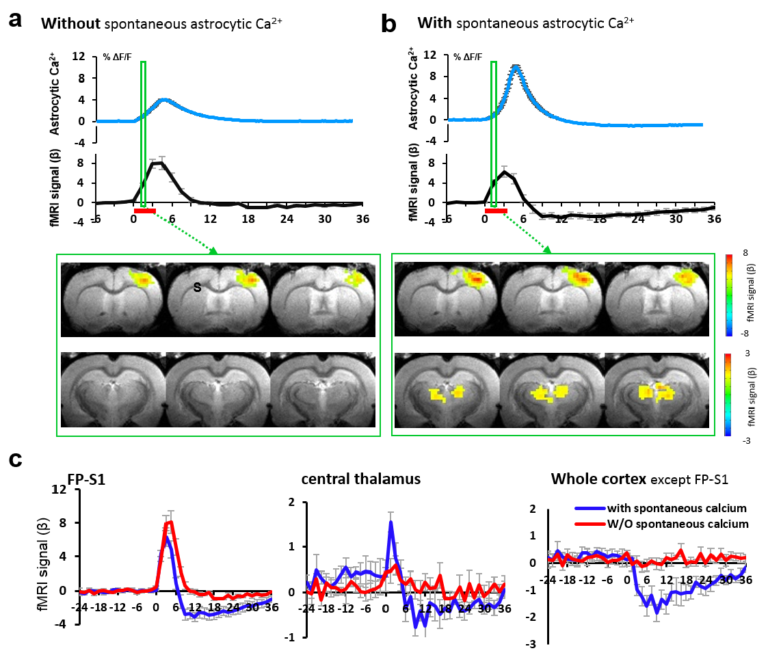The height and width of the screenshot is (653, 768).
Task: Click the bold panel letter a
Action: (x=16, y=20)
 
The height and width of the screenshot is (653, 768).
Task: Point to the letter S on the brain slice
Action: (x=197, y=289)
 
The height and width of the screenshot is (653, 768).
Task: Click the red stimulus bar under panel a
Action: (x=145, y=211)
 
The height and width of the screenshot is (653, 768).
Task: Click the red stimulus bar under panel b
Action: (x=496, y=211)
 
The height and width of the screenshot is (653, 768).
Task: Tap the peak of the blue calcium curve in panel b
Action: (x=516, y=66)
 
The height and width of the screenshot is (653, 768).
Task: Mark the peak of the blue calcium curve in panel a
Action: (x=164, y=100)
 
